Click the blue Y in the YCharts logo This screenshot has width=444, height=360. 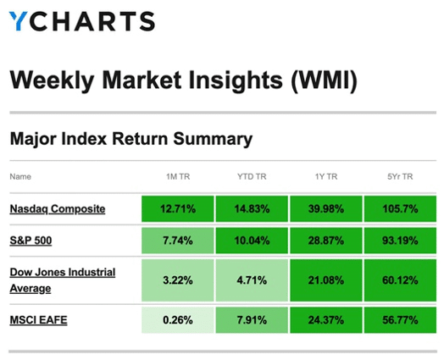pyautogui.click(x=18, y=20)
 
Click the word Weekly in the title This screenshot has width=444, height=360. pyautogui.click(x=52, y=80)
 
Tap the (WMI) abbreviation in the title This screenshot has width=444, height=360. pyautogui.click(x=324, y=80)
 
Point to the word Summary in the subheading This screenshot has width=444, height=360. pyautogui.click(x=213, y=139)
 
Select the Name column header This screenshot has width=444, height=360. pyautogui.click(x=20, y=176)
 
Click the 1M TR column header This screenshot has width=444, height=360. pyautogui.click(x=178, y=176)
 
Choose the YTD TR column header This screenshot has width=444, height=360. pyautogui.click(x=252, y=176)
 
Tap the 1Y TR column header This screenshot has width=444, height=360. pyautogui.click(x=326, y=176)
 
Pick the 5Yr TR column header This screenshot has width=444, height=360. pyautogui.click(x=400, y=176)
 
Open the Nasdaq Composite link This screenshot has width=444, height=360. pyautogui.click(x=58, y=209)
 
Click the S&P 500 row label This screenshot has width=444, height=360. pyautogui.click(x=31, y=241)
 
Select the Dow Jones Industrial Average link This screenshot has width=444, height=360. pyautogui.click(x=63, y=280)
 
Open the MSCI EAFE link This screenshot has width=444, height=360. pyautogui.click(x=38, y=320)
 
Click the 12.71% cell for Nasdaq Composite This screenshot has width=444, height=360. pyautogui.click(x=178, y=209)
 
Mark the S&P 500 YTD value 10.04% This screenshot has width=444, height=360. pyautogui.click(x=252, y=241)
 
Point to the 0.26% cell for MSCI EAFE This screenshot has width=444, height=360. pyautogui.click(x=178, y=320)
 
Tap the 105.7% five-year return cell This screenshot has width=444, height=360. pyautogui.click(x=400, y=209)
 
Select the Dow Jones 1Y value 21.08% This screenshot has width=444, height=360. pyautogui.click(x=326, y=280)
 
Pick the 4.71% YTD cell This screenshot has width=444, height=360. pyautogui.click(x=252, y=280)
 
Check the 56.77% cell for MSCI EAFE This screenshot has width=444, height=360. pyautogui.click(x=400, y=320)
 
